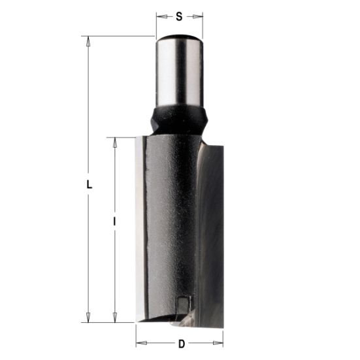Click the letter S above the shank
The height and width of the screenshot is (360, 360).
point(179,15)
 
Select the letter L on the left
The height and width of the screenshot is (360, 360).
point(90,184)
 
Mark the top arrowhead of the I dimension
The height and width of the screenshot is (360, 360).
point(115,142)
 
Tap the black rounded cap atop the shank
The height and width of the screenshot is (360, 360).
point(178,37)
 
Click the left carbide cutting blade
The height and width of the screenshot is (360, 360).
point(139,229)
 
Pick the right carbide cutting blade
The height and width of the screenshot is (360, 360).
point(212,229)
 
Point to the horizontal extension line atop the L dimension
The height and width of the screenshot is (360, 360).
point(118,36)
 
